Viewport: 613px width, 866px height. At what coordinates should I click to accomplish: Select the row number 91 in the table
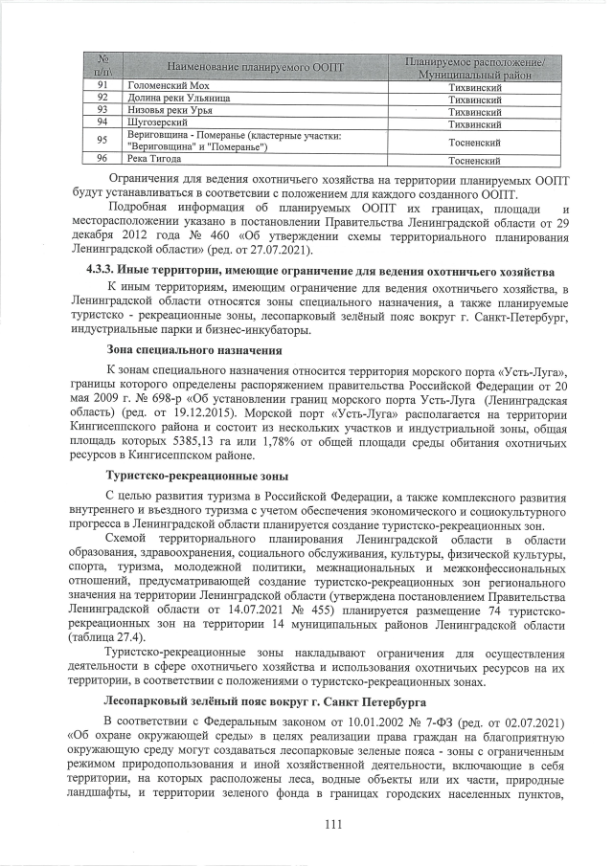click(102, 87)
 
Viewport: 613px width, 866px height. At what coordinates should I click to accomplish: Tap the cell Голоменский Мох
click(163, 87)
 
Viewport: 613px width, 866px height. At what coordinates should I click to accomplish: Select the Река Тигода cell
click(156, 161)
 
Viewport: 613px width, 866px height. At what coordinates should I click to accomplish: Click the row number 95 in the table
click(102, 142)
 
